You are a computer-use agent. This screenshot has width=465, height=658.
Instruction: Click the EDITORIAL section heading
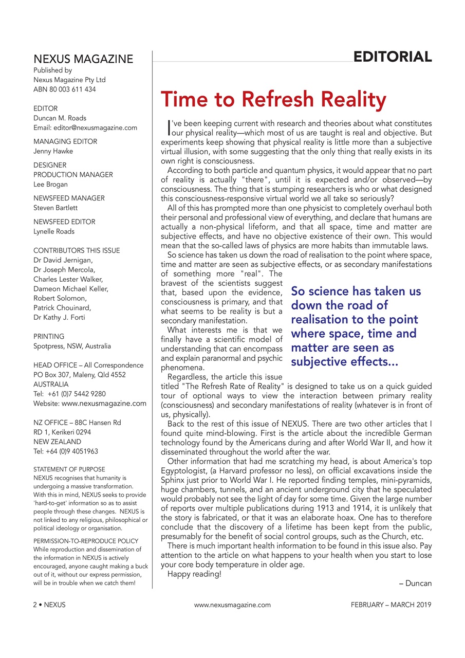coord(392,57)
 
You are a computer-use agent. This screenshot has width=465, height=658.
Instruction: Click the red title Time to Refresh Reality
coord(273,99)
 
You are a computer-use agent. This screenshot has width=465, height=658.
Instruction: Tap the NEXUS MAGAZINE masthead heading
coord(83,59)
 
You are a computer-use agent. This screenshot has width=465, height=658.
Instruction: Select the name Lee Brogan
coord(50,184)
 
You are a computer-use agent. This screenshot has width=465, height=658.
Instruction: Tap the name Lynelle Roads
coord(54,231)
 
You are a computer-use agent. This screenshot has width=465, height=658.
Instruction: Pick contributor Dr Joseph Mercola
coord(64,269)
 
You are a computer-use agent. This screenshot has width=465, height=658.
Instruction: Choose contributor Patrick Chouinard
coord(62,307)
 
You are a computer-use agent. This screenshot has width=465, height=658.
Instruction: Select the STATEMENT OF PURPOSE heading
coord(69,469)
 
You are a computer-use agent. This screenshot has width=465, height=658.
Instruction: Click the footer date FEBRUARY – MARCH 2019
coord(391,605)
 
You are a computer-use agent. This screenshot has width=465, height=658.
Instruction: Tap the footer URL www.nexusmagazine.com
coord(232,605)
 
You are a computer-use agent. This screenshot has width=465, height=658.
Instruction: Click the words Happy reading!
coord(194,574)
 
